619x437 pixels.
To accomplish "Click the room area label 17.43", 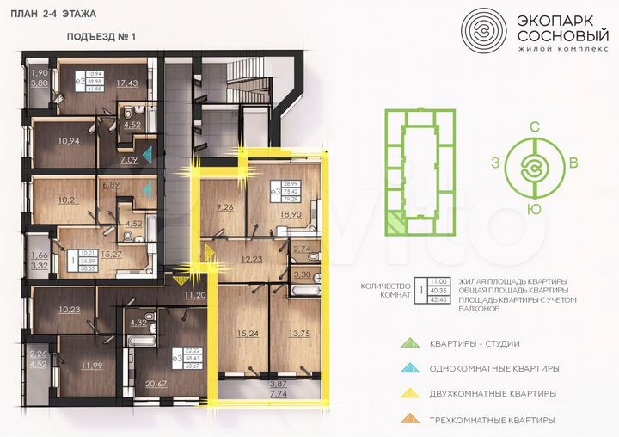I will pos(127,83).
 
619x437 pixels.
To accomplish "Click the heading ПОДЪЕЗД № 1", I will pos(101,37).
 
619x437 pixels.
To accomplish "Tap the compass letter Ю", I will pos(535,208).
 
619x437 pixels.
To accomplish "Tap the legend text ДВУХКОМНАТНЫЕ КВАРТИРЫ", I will pos(493,394).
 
